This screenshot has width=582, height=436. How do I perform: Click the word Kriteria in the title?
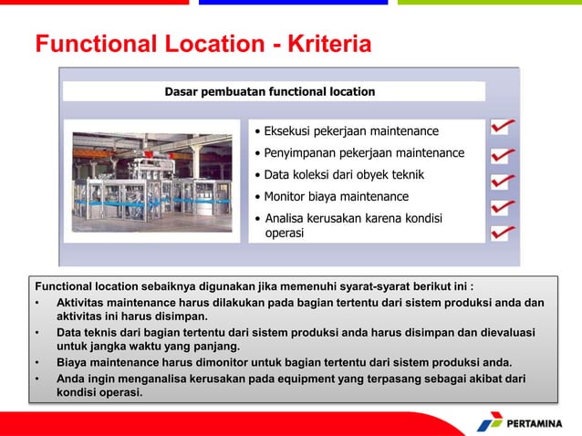point(329,44)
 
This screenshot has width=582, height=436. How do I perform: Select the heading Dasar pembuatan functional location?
point(269,91)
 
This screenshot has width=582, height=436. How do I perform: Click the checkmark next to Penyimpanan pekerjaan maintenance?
point(504,155)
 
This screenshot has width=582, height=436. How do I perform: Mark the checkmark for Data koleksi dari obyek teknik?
point(504,182)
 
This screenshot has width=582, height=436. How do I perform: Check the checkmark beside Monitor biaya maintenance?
point(504,207)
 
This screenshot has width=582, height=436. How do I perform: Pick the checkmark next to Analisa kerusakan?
point(504,233)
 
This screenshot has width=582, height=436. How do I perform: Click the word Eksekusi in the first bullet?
point(291,131)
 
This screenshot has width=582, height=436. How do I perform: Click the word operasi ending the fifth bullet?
point(285,234)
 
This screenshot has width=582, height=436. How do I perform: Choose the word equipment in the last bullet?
point(285,378)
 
